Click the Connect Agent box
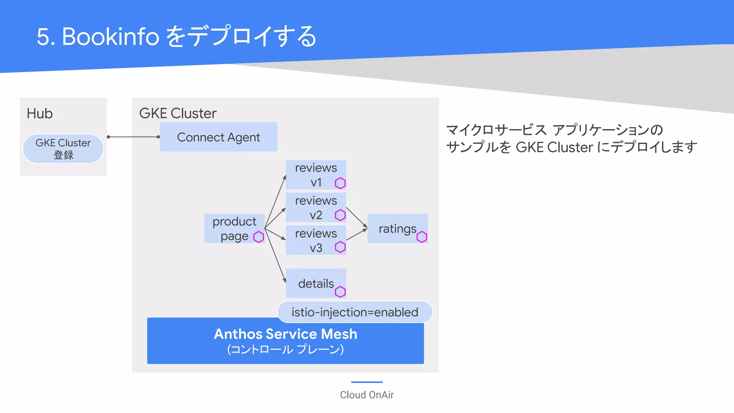[x=218, y=137]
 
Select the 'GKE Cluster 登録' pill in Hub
[x=63, y=149]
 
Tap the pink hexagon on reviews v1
[x=340, y=183]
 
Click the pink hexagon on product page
[x=258, y=237]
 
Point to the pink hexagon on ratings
[x=422, y=237]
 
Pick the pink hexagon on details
[x=340, y=292]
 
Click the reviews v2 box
[x=315, y=207]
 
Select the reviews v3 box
[x=315, y=240]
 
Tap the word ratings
[x=397, y=229]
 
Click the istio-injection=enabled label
[x=355, y=312]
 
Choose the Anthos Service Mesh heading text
[x=286, y=334]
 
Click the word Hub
[x=40, y=114]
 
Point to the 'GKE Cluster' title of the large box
[x=178, y=113]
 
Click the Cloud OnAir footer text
[x=367, y=395]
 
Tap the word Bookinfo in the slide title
[x=110, y=37]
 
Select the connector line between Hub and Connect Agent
[x=133, y=137]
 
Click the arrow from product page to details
[x=275, y=255]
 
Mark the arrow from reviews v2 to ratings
[x=357, y=217]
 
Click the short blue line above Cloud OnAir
[x=367, y=382]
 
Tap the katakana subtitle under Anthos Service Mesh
[x=286, y=349]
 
